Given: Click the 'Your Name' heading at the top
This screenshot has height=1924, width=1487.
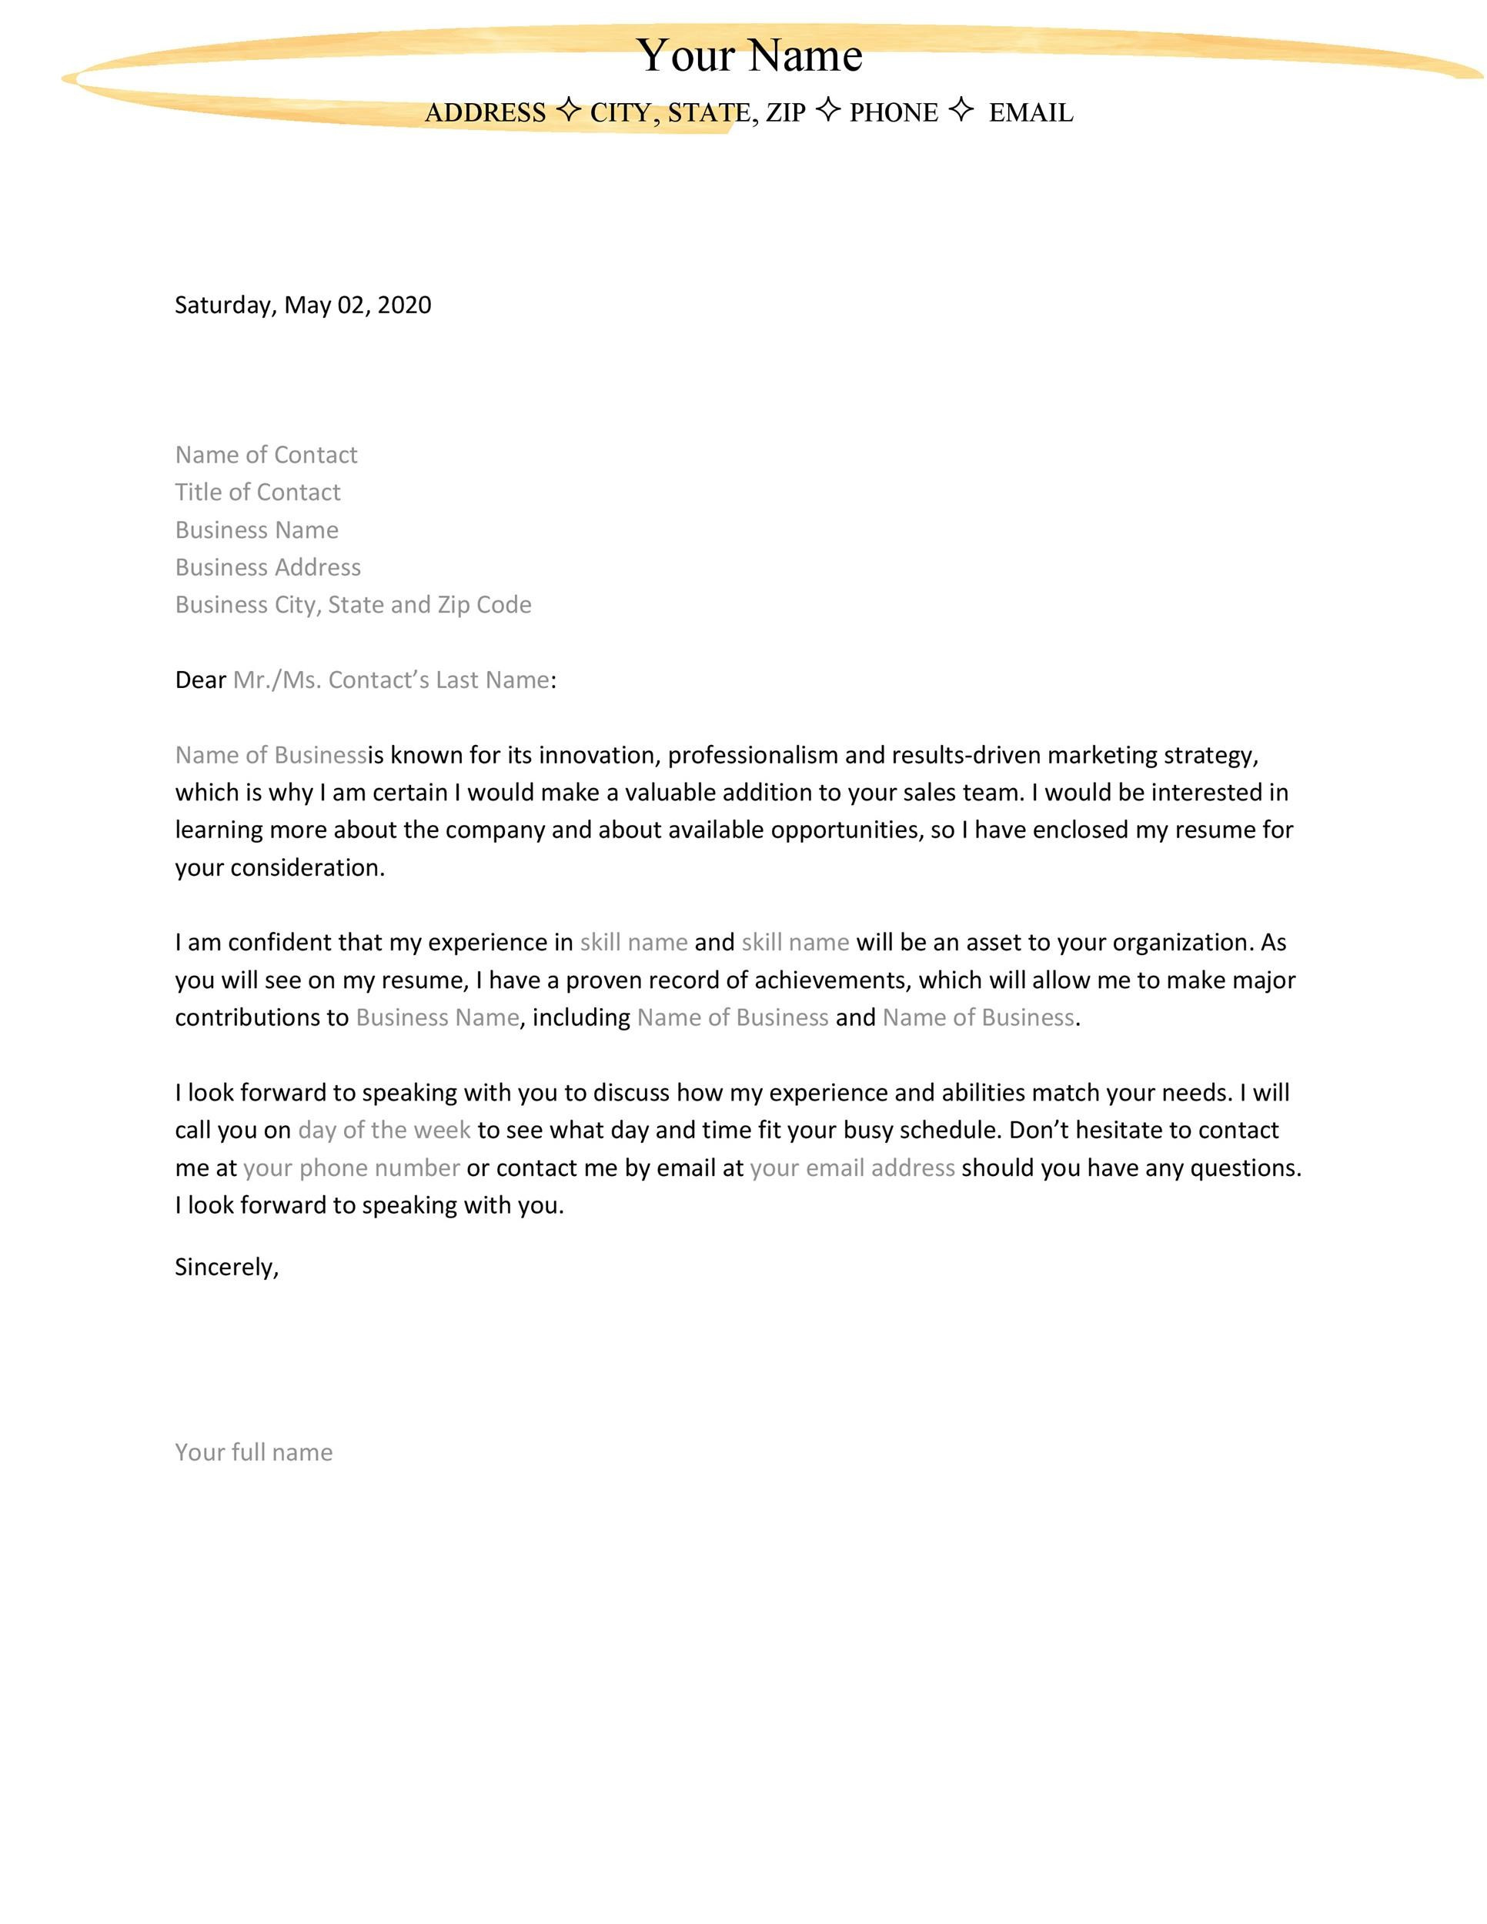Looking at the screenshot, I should click(749, 55).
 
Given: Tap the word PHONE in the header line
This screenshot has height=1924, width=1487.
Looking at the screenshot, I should click(894, 114).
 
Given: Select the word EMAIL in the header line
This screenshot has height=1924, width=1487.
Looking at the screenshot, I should click(1031, 114).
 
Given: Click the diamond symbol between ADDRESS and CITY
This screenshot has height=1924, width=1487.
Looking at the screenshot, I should click(569, 111).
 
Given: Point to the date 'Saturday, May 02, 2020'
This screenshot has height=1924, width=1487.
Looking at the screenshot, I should click(303, 306).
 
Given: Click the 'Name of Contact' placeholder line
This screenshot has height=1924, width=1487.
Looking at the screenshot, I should click(266, 456).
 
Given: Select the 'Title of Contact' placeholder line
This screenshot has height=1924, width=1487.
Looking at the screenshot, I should click(257, 493).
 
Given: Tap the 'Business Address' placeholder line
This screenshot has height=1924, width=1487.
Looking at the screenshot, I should click(268, 567).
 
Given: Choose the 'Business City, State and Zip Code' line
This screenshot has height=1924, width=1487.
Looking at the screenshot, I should click(353, 605).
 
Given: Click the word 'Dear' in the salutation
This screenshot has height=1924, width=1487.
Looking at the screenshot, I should click(201, 680).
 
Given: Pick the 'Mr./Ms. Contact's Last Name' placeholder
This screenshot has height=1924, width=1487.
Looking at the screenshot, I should click(391, 680).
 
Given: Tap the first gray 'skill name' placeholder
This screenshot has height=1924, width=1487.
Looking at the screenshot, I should click(633, 943).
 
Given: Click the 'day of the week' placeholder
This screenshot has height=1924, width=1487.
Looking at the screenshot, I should click(384, 1131).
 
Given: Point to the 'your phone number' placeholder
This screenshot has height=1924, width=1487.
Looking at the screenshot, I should click(352, 1168).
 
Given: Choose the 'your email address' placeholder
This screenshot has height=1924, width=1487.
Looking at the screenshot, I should click(852, 1168).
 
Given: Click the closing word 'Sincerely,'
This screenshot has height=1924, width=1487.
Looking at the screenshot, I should click(226, 1267).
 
